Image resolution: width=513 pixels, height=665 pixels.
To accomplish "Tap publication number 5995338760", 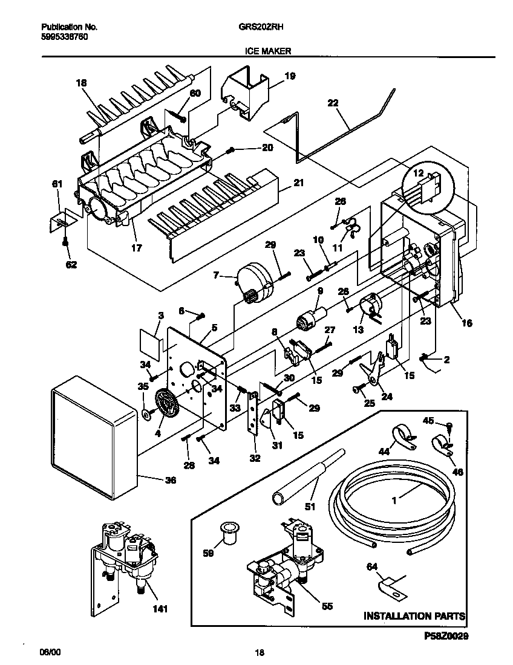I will (64, 36).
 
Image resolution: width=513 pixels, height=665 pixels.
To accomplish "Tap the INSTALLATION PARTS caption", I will (414, 616).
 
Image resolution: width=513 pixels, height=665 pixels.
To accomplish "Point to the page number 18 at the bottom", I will (259, 652).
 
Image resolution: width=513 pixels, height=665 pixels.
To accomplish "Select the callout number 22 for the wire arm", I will (333, 103).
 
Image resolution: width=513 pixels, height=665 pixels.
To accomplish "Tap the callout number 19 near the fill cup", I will (290, 76).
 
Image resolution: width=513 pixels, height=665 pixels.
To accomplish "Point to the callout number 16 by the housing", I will (466, 323).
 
